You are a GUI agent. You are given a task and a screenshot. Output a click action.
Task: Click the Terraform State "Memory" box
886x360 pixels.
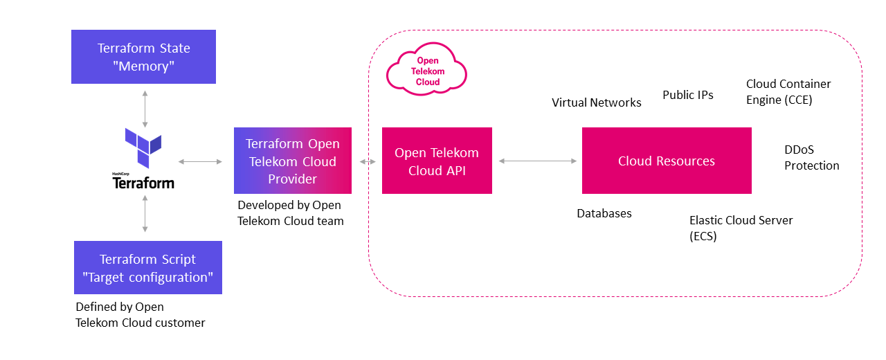pos(143,57)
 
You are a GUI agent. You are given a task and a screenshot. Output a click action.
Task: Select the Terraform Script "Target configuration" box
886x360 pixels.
pos(147,268)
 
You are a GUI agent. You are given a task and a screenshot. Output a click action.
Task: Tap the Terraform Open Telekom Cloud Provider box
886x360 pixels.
pos(292,161)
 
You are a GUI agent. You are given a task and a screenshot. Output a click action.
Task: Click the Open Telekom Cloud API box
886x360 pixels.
pos(436,161)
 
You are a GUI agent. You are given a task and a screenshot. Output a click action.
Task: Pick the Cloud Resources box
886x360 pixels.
pos(666,161)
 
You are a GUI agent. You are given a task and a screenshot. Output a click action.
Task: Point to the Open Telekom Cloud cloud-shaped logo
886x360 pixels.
pos(426,72)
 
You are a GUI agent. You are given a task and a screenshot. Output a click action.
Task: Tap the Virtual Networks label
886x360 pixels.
pos(596,102)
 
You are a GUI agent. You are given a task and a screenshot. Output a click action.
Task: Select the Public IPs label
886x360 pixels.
pos(687,95)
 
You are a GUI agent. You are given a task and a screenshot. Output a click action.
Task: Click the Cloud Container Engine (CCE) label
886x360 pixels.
pos(788,91)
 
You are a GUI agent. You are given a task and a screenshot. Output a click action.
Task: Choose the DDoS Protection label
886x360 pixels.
pos(811,158)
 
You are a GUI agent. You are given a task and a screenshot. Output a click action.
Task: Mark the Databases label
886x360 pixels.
pos(604,213)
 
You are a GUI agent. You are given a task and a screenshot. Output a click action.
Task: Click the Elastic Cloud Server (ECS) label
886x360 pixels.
pos(741,228)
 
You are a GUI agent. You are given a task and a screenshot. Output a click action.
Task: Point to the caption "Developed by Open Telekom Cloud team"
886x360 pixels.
pos(290,213)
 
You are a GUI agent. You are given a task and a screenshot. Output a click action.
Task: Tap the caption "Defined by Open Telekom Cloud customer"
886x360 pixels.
pos(140,314)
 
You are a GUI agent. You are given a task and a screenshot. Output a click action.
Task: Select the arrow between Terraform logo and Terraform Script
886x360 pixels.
pos(145,213)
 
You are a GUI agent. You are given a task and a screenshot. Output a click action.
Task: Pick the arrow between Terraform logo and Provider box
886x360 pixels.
pos(200,161)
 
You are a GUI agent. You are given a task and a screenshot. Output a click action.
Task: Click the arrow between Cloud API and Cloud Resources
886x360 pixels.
pos(537,161)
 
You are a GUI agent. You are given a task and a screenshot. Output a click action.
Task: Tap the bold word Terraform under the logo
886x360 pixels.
pos(143,183)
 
